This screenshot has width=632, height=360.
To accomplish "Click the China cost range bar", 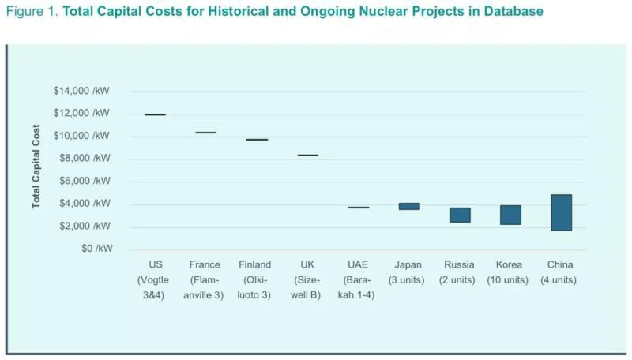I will pos(561,212).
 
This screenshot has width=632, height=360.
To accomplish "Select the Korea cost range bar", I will pos(510,215).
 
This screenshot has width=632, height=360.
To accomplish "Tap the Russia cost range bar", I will pos(460,215).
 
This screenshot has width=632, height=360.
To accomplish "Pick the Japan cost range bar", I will pos(409,206).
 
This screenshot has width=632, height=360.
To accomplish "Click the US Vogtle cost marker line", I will pos(156,114).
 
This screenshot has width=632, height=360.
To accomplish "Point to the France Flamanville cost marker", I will pos(205,133).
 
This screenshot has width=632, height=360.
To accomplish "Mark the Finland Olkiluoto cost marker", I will pos(257,140).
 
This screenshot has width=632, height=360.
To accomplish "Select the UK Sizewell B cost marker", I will pos(308,156).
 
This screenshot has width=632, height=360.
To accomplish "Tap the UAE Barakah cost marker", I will pos(359,208).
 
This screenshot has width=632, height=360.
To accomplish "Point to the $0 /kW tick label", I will pos(93,249).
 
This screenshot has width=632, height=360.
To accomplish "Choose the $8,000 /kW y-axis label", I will pos(85,159).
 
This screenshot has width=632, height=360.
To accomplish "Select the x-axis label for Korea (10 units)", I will pos(510,272).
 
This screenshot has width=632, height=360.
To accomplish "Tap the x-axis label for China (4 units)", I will pos(560,272).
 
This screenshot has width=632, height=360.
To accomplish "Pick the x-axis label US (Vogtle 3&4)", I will pos(155,279).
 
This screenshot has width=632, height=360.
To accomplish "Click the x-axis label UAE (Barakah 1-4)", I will pos(359,279).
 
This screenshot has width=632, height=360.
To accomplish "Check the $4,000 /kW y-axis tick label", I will pos(85,204).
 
